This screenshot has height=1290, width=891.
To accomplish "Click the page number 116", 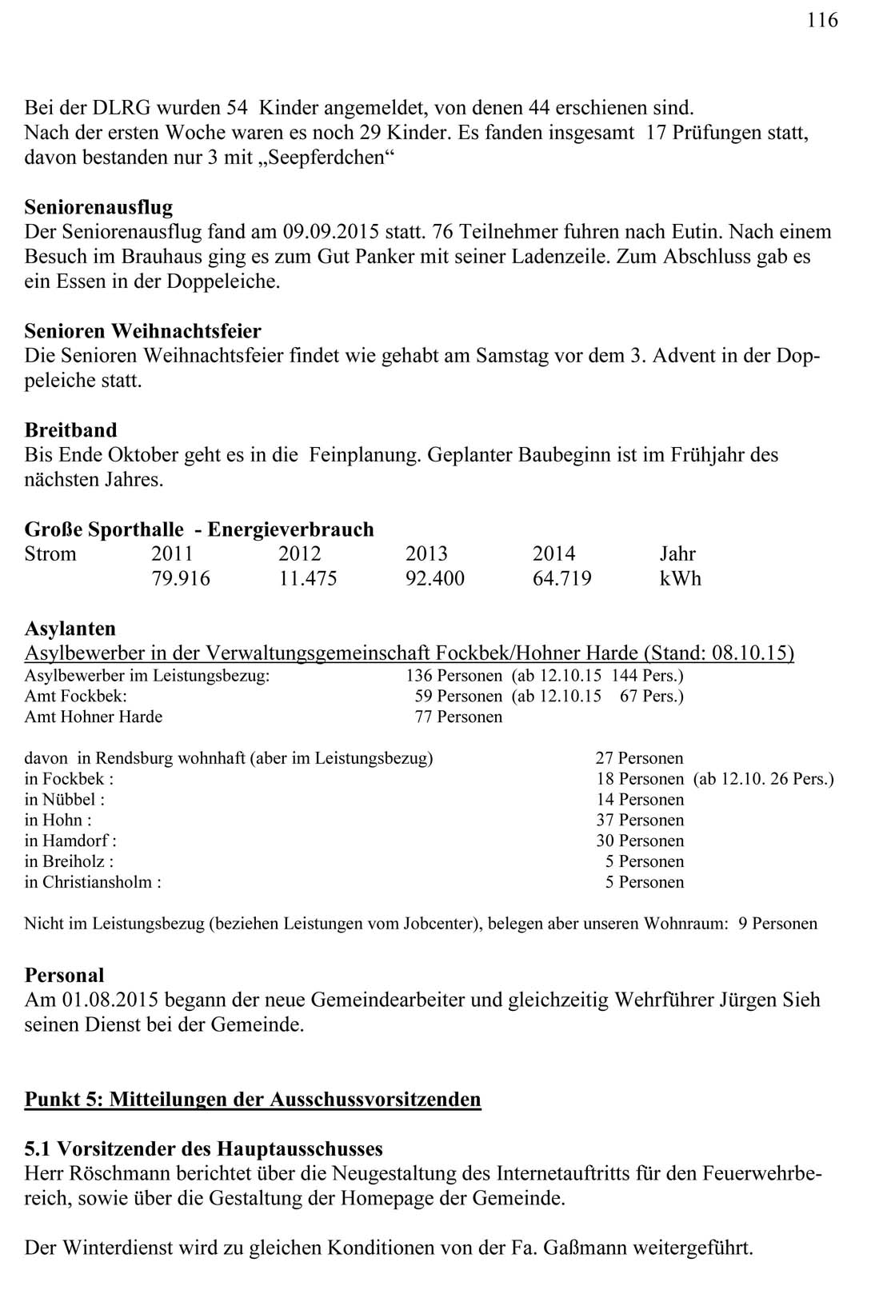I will [822, 21].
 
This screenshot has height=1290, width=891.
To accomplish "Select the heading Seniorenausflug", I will [98, 208].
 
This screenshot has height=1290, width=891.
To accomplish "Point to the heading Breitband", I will [70, 430].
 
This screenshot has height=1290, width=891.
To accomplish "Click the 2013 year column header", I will [426, 554].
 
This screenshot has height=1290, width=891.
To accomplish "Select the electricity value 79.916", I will [180, 579].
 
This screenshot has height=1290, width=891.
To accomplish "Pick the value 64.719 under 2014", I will [561, 579].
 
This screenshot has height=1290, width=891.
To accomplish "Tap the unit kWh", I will [680, 579].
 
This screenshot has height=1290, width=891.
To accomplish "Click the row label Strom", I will [50, 554].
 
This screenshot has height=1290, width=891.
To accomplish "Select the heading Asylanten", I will [70, 629].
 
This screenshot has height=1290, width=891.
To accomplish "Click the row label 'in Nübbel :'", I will [64, 800].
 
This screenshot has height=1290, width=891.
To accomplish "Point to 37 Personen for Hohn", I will [640, 821].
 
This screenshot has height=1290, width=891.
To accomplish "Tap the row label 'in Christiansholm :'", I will [93, 883].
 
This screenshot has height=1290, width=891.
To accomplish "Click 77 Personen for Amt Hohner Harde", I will [458, 717].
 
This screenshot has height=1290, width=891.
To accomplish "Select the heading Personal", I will [64, 976].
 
